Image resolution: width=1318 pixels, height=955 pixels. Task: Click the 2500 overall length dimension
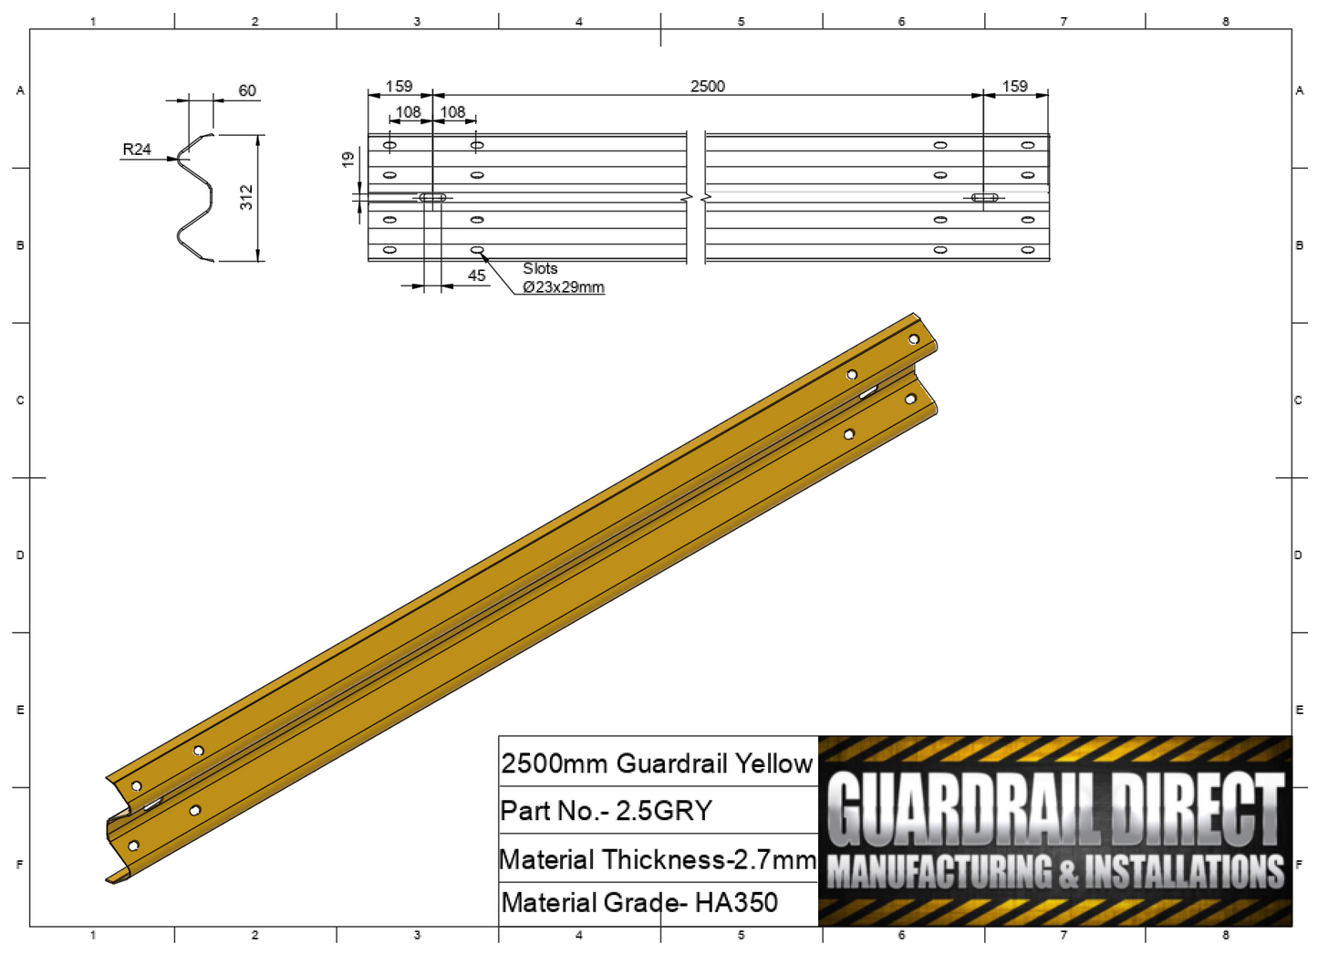pos(707,86)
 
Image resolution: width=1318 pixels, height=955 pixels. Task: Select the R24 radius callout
pos(137,149)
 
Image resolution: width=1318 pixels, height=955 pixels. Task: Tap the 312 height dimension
pos(246,197)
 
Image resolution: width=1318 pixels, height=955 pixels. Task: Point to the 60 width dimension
pos(247,90)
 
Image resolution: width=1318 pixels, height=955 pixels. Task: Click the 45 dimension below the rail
pos(476,275)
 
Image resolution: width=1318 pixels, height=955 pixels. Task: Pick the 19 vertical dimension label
pos(348,160)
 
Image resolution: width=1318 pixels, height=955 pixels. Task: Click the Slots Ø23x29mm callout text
pos(562,278)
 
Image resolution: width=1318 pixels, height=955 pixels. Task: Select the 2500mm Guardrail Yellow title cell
pos(657,763)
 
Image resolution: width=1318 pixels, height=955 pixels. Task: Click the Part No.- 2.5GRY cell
pos(607,811)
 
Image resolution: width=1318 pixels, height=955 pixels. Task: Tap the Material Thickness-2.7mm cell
pos(658,859)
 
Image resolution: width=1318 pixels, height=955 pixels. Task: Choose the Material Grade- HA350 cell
pos(639,903)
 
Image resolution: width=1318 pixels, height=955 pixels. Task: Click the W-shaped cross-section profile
pos(195,198)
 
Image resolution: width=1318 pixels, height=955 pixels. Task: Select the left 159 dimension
pos(399,86)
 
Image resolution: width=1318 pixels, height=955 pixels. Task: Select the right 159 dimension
pos(1014,86)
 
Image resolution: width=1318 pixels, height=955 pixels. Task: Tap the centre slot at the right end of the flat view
pos(984,197)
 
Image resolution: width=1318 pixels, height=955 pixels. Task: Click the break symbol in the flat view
pos(696,197)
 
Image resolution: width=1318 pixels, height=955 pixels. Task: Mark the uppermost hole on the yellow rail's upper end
pos(913,339)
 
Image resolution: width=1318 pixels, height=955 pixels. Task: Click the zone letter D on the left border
pos(20,555)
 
